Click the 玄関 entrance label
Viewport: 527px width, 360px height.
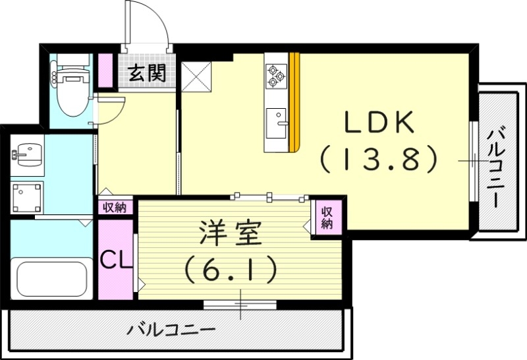pyautogui.click(x=146, y=72)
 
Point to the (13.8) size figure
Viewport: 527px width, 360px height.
pyautogui.click(x=379, y=159)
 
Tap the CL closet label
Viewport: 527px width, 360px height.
pyautogui.click(x=116, y=259)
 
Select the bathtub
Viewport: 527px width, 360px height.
pyautogui.click(x=53, y=279)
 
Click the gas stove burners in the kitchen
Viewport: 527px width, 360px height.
pyautogui.click(x=276, y=76)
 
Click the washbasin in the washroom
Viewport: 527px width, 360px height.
pyautogui.click(x=26, y=156)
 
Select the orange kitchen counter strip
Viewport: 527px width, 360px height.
pyautogui.click(x=296, y=102)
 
